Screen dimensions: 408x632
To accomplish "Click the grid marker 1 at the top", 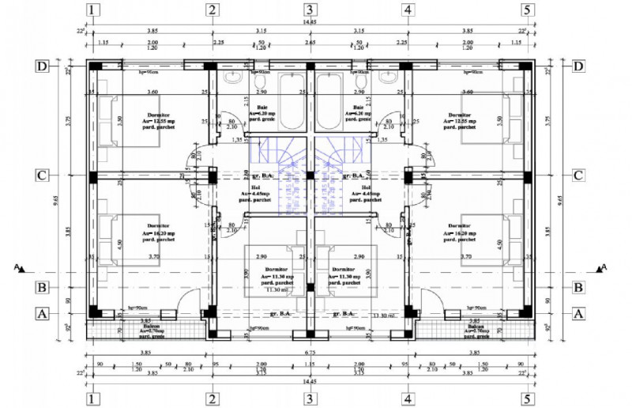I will (95, 10).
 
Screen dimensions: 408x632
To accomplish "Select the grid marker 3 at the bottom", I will (310, 398).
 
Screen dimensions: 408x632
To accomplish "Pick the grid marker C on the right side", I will (578, 176).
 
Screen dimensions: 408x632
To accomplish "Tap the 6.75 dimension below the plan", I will (310, 353).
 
